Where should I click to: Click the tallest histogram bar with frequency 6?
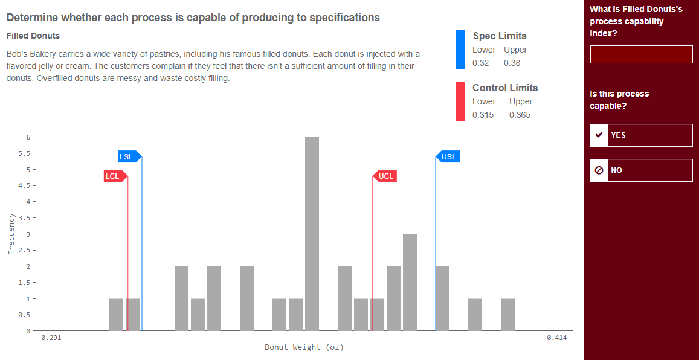[x=312, y=234]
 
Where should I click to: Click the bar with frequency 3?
[x=410, y=282]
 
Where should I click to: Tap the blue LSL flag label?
[x=127, y=157]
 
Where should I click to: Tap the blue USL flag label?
[x=448, y=157]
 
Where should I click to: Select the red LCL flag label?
[x=113, y=176]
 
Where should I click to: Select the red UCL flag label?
[x=385, y=176]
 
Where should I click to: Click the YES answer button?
[x=641, y=135]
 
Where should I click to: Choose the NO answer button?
[x=641, y=170]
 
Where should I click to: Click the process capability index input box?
[x=641, y=54]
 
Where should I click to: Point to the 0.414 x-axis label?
[x=556, y=338]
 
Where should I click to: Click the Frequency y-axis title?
[x=11, y=234]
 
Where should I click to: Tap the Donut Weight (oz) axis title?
[x=304, y=347]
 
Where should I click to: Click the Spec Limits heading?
[x=499, y=36]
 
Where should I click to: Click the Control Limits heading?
[x=504, y=88]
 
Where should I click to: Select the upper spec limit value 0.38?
[x=512, y=63]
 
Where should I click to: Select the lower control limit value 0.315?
[x=483, y=115]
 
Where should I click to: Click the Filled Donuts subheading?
[x=33, y=36]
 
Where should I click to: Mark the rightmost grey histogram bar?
[x=507, y=315]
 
